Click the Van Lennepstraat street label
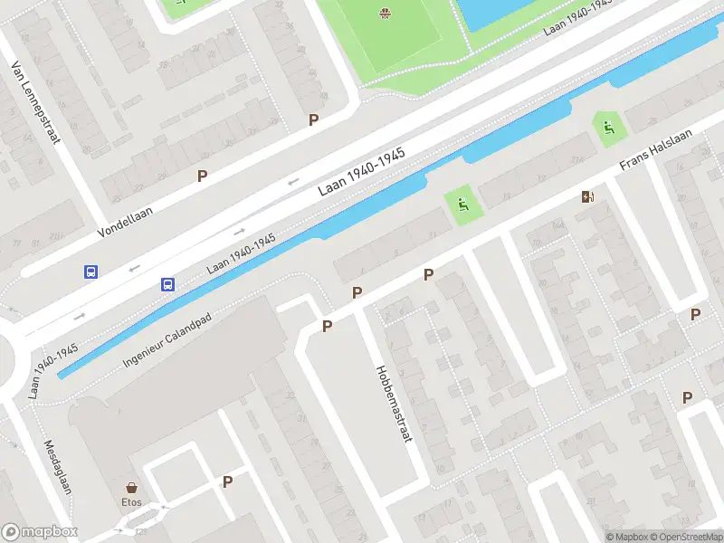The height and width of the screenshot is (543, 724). coord(33,102)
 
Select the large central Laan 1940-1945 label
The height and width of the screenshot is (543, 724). coord(361,172)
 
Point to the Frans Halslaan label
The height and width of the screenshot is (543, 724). coord(656,150)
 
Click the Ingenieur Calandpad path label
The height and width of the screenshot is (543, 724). coord(170,342)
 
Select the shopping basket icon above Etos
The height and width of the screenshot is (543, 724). coord(132,486)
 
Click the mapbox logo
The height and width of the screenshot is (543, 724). coord(39,532)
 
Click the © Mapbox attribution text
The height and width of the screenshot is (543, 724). coord(627,536)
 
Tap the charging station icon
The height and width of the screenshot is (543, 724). coord(588,196)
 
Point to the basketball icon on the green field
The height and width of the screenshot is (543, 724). coord(386,13)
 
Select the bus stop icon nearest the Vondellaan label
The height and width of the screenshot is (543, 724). coord(90,271)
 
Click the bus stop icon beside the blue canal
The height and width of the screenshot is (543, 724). coord(167,284)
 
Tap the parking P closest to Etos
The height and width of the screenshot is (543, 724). coord(227,482)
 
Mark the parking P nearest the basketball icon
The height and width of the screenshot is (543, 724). coord(314,119)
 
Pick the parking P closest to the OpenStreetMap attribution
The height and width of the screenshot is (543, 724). coord(688,397)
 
